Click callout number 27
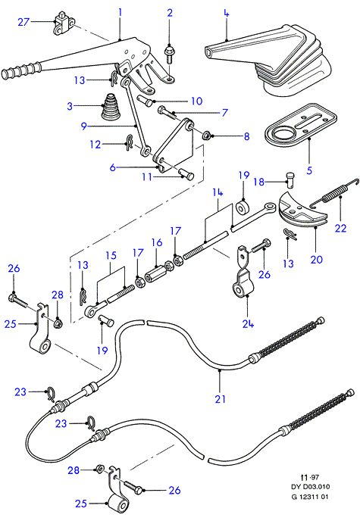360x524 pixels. (x=23, y=22)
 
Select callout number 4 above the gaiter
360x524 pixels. (x=227, y=14)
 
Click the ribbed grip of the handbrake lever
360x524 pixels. (x=20, y=70)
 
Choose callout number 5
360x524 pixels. (x=309, y=170)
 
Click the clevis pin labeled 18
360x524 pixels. (x=290, y=179)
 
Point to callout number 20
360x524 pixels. (x=317, y=259)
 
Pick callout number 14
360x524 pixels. (x=218, y=192)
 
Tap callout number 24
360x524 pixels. (x=248, y=323)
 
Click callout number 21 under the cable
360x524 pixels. (x=220, y=399)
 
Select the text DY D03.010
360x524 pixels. (x=310, y=487)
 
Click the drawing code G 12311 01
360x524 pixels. (x=310, y=497)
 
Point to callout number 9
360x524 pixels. (x=83, y=126)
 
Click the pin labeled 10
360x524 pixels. (x=145, y=100)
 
